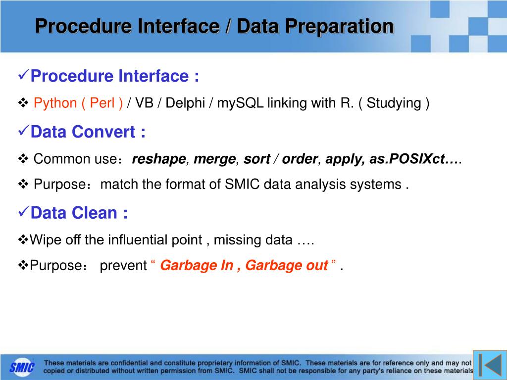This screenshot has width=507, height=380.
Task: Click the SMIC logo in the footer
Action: point(22,368)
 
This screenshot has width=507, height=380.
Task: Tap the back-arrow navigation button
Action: point(490,365)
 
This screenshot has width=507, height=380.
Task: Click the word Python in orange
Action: point(55,103)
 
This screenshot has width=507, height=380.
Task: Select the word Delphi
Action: point(185,103)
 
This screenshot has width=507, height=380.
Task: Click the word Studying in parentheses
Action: point(394,103)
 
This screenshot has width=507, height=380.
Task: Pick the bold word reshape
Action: point(159,159)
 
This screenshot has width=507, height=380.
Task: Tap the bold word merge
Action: point(215,159)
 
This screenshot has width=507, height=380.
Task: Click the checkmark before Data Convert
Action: point(24,130)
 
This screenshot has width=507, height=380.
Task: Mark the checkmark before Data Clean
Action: point(24,211)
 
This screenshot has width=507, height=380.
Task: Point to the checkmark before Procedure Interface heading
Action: point(24,75)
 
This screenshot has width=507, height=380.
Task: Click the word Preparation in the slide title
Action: point(315,26)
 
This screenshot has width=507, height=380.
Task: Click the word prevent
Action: point(123,266)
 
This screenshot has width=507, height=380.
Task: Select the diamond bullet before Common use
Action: point(23,159)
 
